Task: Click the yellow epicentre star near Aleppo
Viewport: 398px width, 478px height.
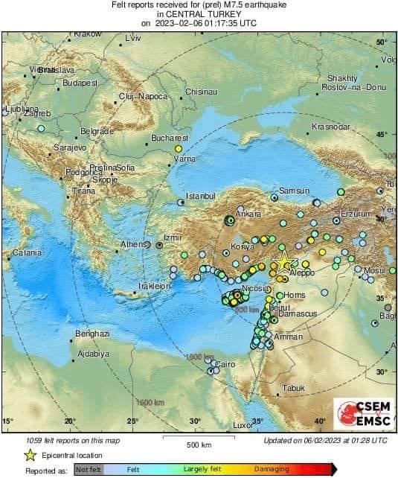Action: [x=283, y=262]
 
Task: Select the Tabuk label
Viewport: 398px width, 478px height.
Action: [x=294, y=388]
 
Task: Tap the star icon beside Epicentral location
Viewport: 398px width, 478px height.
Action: [x=31, y=455]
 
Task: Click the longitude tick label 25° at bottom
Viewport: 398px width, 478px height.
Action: [x=132, y=421]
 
